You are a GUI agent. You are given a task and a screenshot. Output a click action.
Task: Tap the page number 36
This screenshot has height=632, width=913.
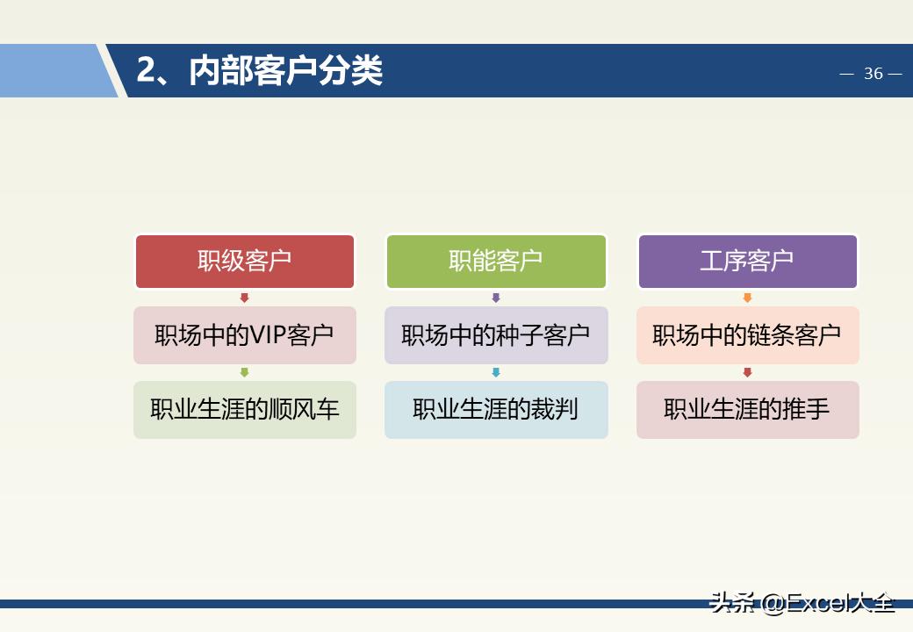pos(873,74)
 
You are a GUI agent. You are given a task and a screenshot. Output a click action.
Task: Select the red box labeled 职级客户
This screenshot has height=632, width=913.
pos(245,261)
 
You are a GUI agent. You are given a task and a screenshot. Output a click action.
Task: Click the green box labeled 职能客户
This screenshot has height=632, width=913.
pos(496,261)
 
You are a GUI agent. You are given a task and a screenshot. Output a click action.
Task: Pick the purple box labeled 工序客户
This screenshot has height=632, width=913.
pos(747,261)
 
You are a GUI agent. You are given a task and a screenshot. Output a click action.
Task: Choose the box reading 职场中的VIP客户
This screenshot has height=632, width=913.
pos(245,335)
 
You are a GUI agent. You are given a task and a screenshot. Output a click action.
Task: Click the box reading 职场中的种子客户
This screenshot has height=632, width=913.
pos(496,335)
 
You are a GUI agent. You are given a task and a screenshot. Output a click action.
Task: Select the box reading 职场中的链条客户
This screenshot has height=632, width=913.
pos(747,335)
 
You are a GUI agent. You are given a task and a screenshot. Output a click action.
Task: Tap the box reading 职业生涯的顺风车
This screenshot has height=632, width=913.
pos(245,410)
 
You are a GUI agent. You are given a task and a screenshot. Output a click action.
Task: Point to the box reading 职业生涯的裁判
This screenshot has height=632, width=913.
pos(496,410)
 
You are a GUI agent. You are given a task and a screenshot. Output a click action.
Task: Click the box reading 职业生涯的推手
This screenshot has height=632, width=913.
pos(747,410)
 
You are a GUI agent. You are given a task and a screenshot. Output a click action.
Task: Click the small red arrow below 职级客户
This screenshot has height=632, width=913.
pos(245,298)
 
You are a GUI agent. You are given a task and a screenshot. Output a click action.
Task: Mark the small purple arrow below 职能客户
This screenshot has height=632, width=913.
pos(496,298)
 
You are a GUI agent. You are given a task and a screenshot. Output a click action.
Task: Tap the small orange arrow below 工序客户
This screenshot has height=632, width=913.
pos(747,298)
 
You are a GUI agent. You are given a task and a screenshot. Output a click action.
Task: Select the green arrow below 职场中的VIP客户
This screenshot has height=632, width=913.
pos(245,373)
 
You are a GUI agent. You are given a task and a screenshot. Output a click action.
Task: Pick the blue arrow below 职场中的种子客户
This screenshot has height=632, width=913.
pos(496,373)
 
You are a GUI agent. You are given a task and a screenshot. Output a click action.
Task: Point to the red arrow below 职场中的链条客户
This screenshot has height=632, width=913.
pos(747,373)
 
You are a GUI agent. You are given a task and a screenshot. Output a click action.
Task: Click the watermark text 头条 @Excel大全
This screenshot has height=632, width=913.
pos(802,603)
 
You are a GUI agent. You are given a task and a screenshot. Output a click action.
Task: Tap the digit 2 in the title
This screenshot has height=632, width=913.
pos(146,71)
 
